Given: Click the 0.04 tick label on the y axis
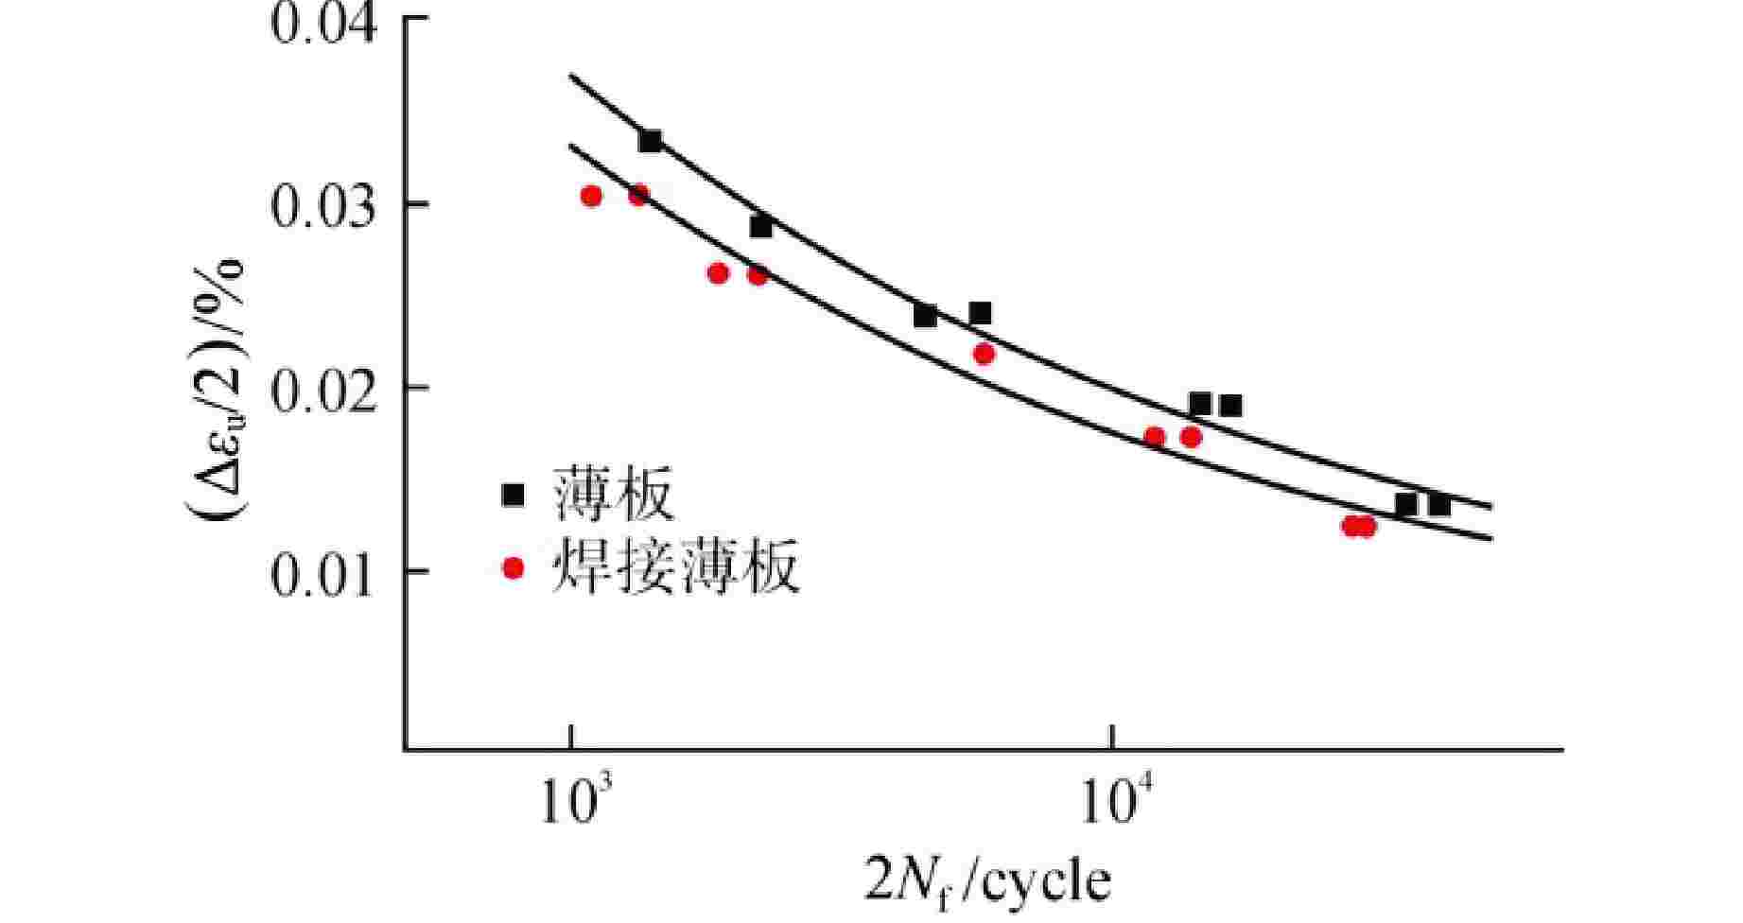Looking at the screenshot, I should point(323,23).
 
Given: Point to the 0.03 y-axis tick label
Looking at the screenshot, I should point(323,206).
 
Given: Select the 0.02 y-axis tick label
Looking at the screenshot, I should point(323,389).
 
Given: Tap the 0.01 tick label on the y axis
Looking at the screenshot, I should point(323,572).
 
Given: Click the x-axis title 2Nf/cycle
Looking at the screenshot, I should point(987,881).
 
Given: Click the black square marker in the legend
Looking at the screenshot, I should point(513,495).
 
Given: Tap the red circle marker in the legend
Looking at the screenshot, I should point(513,568).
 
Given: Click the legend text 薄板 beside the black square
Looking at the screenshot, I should point(614,495).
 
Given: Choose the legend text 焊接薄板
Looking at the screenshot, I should point(676,567).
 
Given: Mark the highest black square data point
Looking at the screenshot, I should point(650,142).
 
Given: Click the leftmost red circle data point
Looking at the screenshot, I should point(591,196).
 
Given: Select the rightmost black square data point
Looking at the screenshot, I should point(1439,505).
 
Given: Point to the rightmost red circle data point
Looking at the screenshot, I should point(1365,526).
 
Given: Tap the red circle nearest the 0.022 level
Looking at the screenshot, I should point(984,354).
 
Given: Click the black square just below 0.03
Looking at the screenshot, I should point(760,227).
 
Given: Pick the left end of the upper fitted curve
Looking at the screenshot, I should point(569,76).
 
